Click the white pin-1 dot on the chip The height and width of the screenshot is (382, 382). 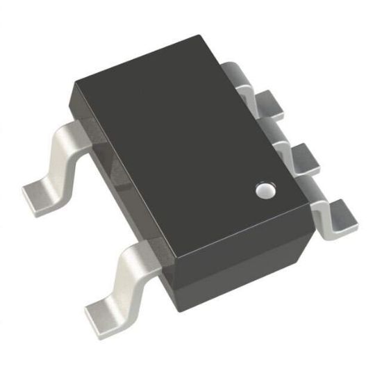coord(264,189)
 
